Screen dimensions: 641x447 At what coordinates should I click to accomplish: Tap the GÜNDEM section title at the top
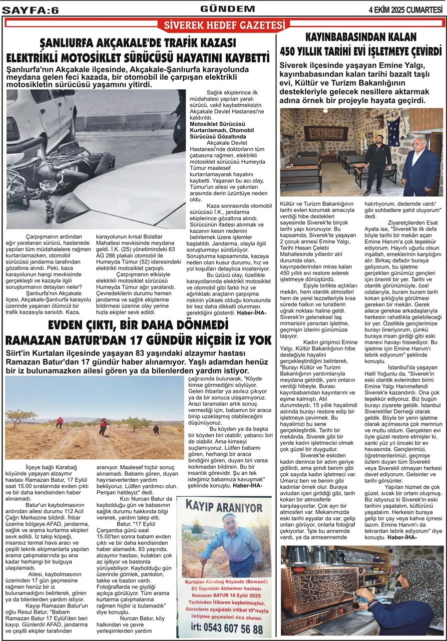227,9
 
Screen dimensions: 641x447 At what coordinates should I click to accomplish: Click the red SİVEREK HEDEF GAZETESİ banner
223,25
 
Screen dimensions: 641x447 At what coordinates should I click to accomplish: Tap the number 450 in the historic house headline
292,51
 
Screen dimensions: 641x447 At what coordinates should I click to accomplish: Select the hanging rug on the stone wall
326,132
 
